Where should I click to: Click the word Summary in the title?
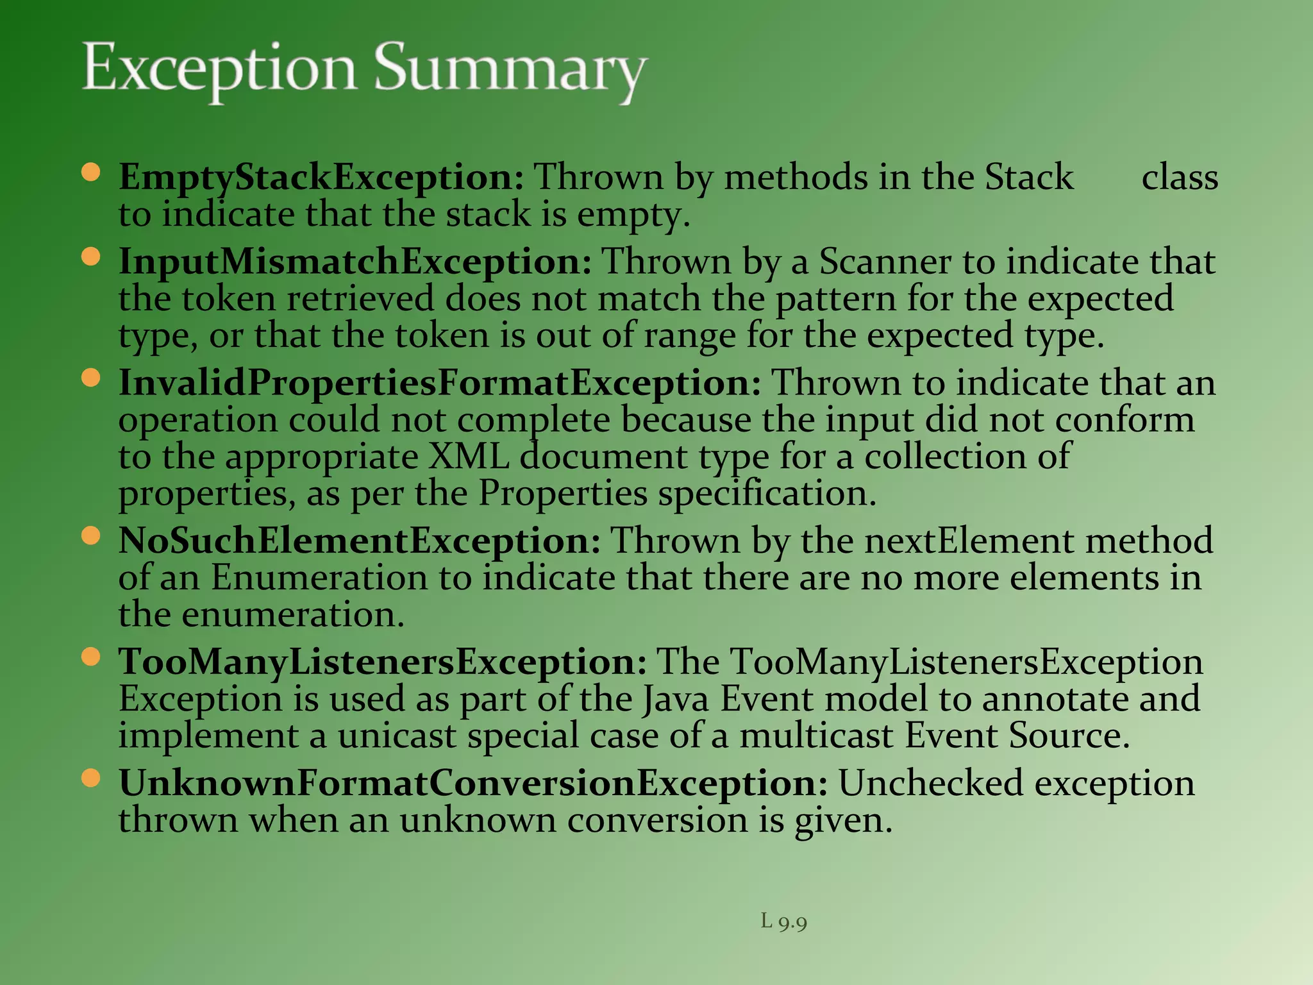[x=510, y=69]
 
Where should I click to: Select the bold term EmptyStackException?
[x=321, y=177]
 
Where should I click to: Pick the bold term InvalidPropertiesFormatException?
[x=440, y=383]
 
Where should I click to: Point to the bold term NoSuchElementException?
[x=360, y=541]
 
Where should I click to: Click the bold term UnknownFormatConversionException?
[x=473, y=783]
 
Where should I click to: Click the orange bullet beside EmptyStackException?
[x=92, y=173]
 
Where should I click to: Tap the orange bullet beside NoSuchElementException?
[x=92, y=535]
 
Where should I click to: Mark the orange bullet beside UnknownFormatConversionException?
[x=92, y=778]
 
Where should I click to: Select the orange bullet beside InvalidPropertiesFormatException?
[x=92, y=378]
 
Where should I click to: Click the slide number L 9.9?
[x=783, y=922]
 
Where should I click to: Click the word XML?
[x=468, y=457]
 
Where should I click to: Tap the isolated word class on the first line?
[x=1180, y=177]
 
